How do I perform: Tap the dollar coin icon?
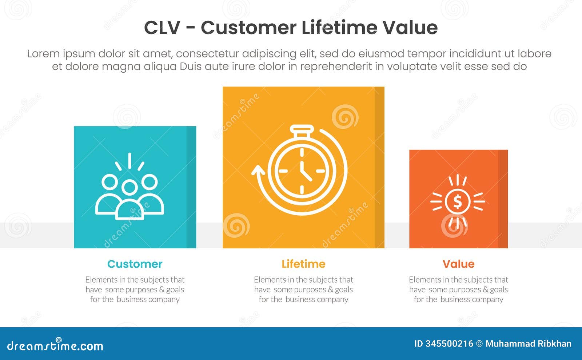tap(458, 201)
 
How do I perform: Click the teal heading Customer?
tap(135, 264)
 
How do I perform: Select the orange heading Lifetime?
tap(303, 264)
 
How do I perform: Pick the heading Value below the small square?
tap(458, 264)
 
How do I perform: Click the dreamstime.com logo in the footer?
tap(55, 345)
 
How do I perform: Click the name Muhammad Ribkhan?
tap(528, 344)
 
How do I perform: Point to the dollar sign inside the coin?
tap(458, 201)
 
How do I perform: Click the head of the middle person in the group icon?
tap(129, 188)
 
